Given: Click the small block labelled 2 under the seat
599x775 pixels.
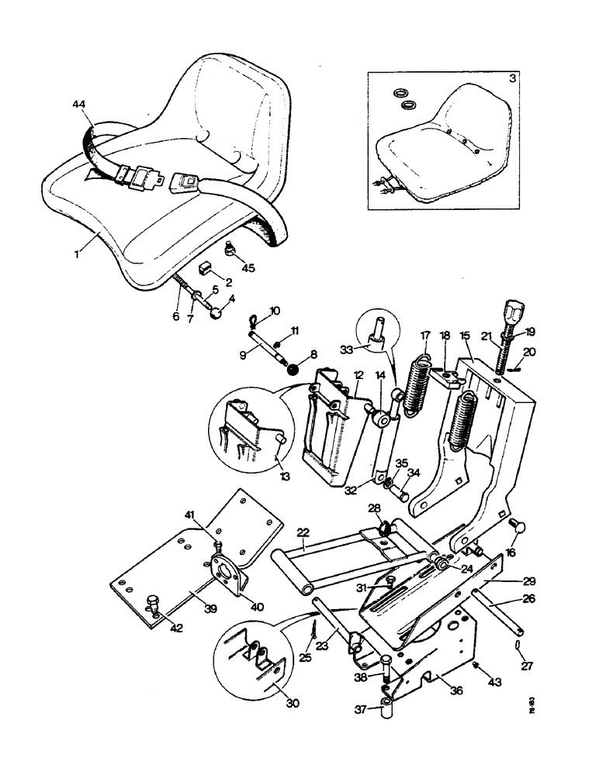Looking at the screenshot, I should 206,267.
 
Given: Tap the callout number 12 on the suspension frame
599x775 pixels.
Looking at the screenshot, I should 358,375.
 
